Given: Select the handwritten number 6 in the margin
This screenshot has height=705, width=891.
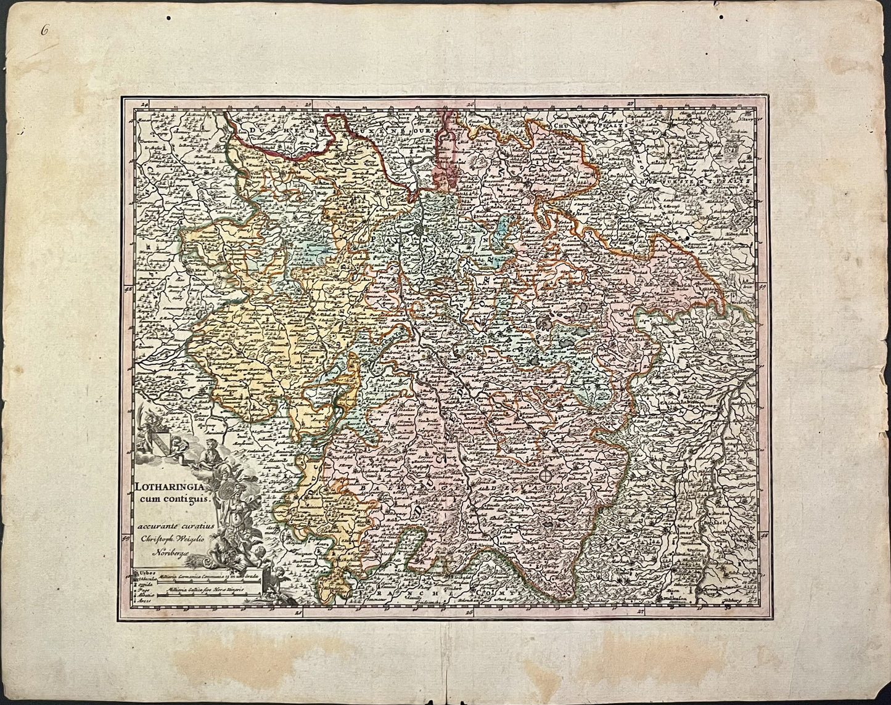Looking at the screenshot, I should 43,29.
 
